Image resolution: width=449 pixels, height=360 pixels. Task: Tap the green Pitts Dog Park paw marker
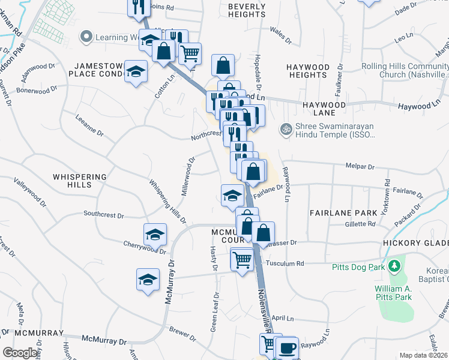pyautogui.click(x=394, y=265)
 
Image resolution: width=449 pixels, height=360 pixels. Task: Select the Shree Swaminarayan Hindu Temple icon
pyautogui.click(x=286, y=129)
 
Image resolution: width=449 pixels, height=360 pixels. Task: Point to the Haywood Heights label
pyautogui.click(x=307, y=71)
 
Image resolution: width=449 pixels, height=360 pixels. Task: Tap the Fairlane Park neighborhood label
pyautogui.click(x=343, y=213)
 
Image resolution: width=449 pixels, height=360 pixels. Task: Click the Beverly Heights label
pyautogui.click(x=247, y=10)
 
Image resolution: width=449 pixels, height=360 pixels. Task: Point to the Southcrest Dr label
pyautogui.click(x=103, y=214)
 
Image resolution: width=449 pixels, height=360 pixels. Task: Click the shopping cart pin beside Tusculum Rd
pyautogui.click(x=242, y=260)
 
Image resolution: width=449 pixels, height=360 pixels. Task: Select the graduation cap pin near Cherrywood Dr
pyautogui.click(x=155, y=235)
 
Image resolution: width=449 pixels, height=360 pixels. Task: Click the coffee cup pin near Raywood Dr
pyautogui.click(x=287, y=349)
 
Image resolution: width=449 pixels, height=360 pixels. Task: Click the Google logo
pyautogui.click(x=20, y=353)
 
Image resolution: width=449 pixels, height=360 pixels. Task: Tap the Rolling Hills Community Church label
pyautogui.click(x=405, y=71)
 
